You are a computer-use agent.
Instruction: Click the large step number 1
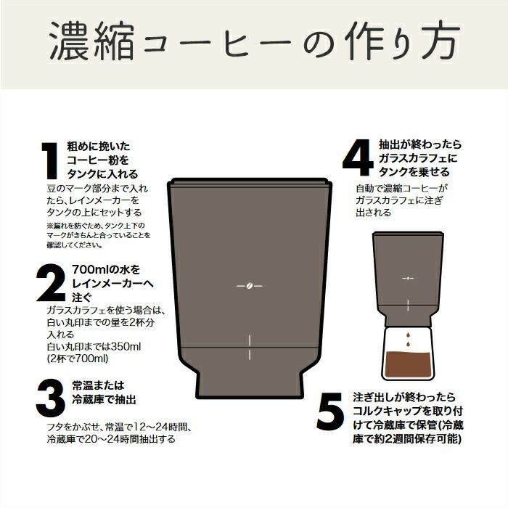[50, 160]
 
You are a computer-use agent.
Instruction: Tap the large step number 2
[52, 283]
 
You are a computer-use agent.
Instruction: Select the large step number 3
[51, 398]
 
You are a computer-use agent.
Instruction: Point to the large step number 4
[358, 157]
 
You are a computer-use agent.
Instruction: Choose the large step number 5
[330, 411]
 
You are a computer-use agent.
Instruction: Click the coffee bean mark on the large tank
[249, 286]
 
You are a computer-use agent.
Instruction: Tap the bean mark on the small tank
[408, 278]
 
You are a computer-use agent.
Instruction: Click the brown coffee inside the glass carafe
[408, 364]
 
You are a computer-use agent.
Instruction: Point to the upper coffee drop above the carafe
[408, 335]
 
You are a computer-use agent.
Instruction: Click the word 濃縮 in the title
[91, 41]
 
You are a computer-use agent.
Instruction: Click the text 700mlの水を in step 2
[106, 269]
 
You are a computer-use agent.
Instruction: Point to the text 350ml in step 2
[126, 346]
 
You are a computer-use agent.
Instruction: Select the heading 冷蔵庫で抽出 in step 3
[104, 399]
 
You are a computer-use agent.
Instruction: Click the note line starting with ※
[96, 226]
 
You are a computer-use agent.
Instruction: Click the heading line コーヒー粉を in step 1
[98, 160]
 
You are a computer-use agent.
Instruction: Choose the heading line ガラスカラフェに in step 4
[418, 158]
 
